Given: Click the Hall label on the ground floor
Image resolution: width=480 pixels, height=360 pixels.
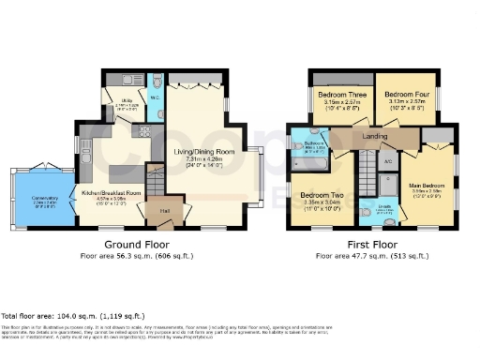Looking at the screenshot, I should pyautogui.click(x=164, y=212).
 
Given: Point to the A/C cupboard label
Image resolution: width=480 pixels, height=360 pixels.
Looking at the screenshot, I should pyautogui.click(x=389, y=161).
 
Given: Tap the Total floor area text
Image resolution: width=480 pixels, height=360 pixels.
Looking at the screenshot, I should pyautogui.click(x=54, y=316).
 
